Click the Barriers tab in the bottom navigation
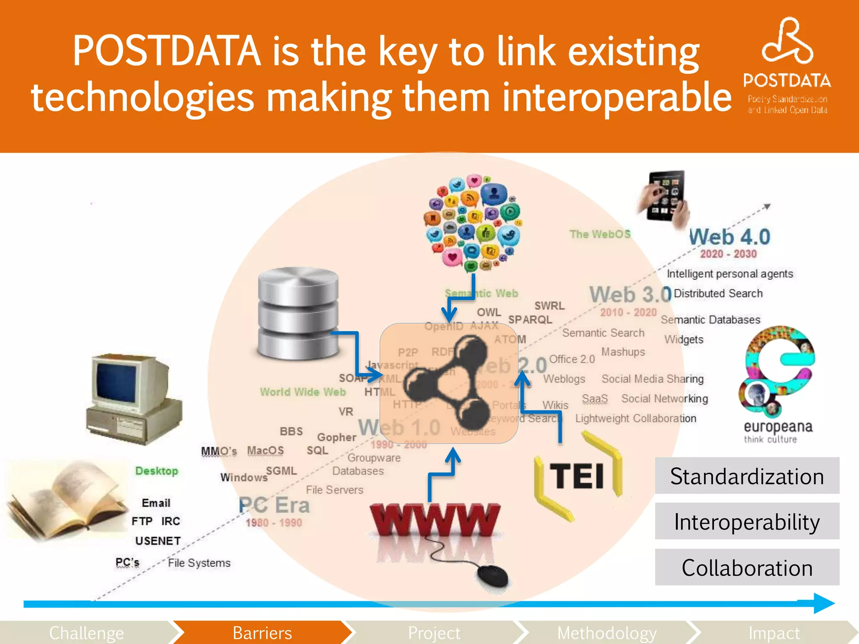coord(262,633)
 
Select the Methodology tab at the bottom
coord(607,633)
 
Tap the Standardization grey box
coord(747,476)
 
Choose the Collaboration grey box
coord(747,568)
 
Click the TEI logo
coord(578,476)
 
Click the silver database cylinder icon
coord(298,314)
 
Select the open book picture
coord(67,499)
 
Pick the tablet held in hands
coord(665,197)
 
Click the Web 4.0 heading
coord(730,237)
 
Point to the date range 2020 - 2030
coord(729,254)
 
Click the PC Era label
coord(274,505)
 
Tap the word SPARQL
coord(530,320)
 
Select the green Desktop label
coord(156,471)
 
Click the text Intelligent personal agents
coord(730,274)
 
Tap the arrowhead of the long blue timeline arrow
coord(824,603)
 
